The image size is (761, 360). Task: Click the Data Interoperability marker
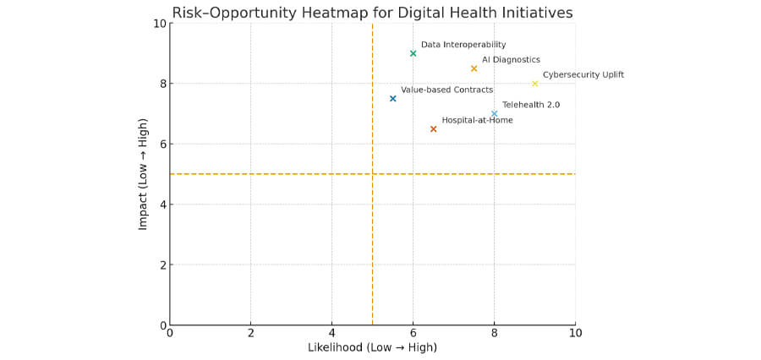[413, 53]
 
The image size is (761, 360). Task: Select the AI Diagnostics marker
[474, 68]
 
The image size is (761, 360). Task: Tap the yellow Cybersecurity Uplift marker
[534, 83]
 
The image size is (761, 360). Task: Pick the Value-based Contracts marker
[392, 98]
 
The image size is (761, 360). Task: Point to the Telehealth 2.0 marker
[494, 113]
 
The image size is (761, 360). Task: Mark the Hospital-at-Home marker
[433, 128]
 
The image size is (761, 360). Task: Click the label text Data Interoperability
[463, 45]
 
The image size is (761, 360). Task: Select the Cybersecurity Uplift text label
[583, 74]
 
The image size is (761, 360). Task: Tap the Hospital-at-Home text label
[477, 120]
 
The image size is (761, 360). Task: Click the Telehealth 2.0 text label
[531, 105]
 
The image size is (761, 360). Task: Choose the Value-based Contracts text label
[446, 90]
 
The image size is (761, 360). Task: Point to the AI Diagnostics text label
[511, 60]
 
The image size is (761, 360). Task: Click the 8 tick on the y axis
[162, 84]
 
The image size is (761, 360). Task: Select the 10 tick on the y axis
[158, 24]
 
